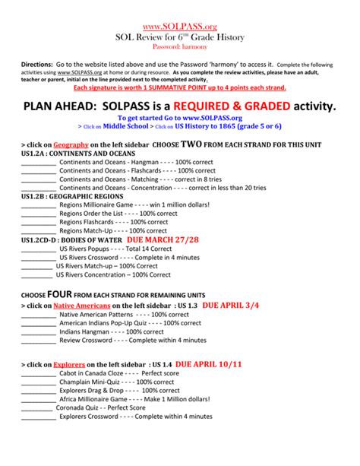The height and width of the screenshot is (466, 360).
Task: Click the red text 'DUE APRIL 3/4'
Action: coord(231,304)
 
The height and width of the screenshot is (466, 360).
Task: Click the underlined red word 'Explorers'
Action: coord(69,364)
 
